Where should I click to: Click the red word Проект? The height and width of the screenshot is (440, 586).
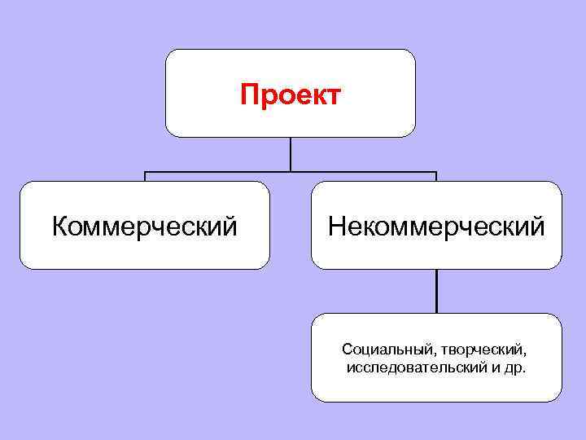tap(291, 96)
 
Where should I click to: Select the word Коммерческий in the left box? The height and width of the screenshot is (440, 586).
tap(145, 226)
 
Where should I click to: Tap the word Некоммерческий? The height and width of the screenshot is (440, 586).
tap(436, 226)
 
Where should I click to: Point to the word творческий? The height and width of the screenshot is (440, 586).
tap(483, 350)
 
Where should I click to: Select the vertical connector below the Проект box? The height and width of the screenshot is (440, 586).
tap(291, 154)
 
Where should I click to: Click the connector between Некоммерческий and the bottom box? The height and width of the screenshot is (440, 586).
tap(436, 291)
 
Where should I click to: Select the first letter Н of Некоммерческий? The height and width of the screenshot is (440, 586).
tap(335, 226)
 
